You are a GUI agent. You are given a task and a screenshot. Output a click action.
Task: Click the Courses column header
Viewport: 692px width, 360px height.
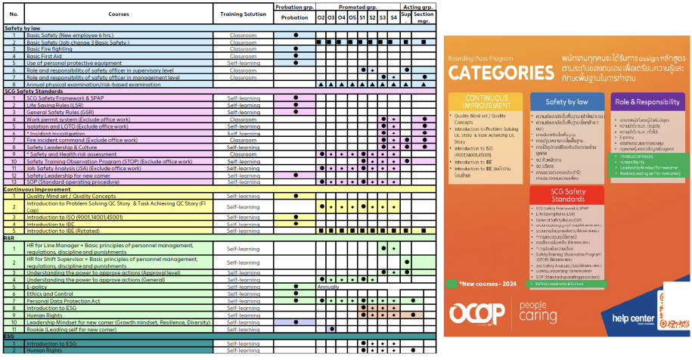pos(119,14)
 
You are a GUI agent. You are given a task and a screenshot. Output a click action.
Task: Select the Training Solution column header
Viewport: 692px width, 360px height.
pos(243,14)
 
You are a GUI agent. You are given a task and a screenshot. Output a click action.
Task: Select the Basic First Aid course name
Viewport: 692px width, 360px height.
pos(45,56)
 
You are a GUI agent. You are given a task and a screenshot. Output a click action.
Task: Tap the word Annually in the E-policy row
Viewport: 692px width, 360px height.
pos(328,287)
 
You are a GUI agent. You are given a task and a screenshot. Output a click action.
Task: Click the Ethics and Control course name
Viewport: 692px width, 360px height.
pos(50,294)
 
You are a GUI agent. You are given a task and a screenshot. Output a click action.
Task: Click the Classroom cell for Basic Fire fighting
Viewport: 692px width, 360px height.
pos(243,49)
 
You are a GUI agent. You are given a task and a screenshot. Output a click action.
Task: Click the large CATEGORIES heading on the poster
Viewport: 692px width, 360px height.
pos(500,73)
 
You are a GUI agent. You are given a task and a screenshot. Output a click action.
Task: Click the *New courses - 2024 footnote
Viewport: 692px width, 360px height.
pos(490,284)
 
